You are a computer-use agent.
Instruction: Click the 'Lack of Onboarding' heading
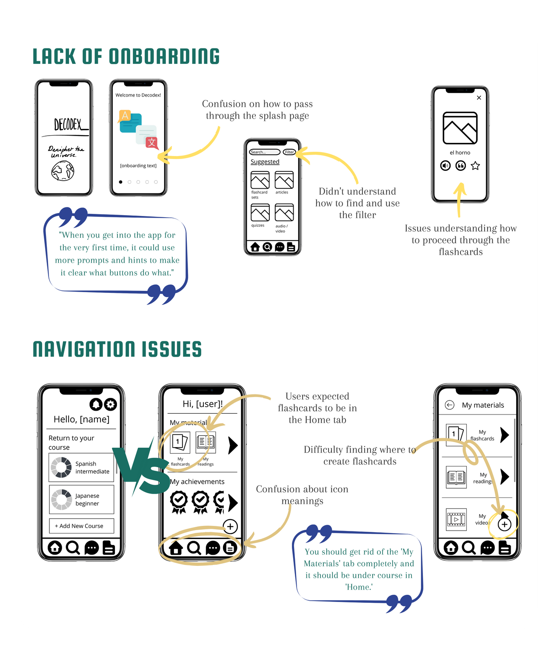coord(126,57)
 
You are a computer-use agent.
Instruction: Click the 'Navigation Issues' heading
coord(117,349)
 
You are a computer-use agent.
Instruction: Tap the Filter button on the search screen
coord(289,152)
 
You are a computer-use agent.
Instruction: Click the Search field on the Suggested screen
coord(264,152)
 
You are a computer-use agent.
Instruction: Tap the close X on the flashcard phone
coord(479,98)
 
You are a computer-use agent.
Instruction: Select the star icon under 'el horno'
coord(475,166)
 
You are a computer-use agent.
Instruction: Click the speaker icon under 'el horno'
coord(445,166)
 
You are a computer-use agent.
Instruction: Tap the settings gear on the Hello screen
coord(111,404)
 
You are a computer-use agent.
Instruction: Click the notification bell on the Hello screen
coord(96,404)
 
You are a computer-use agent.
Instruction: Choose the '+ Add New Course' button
coord(81,526)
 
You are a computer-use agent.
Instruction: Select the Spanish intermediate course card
coord(81,467)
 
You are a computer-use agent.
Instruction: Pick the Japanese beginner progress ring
coord(61,499)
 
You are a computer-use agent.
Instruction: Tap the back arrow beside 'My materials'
coord(449,405)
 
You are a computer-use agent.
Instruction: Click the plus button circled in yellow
coord(504,525)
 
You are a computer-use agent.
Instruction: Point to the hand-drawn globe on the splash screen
coord(63,172)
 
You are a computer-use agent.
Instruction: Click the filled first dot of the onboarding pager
coord(121,182)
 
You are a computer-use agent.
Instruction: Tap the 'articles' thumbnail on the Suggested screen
coord(284,180)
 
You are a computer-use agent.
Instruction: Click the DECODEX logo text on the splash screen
coord(68,125)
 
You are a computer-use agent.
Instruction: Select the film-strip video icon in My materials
coord(456,520)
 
